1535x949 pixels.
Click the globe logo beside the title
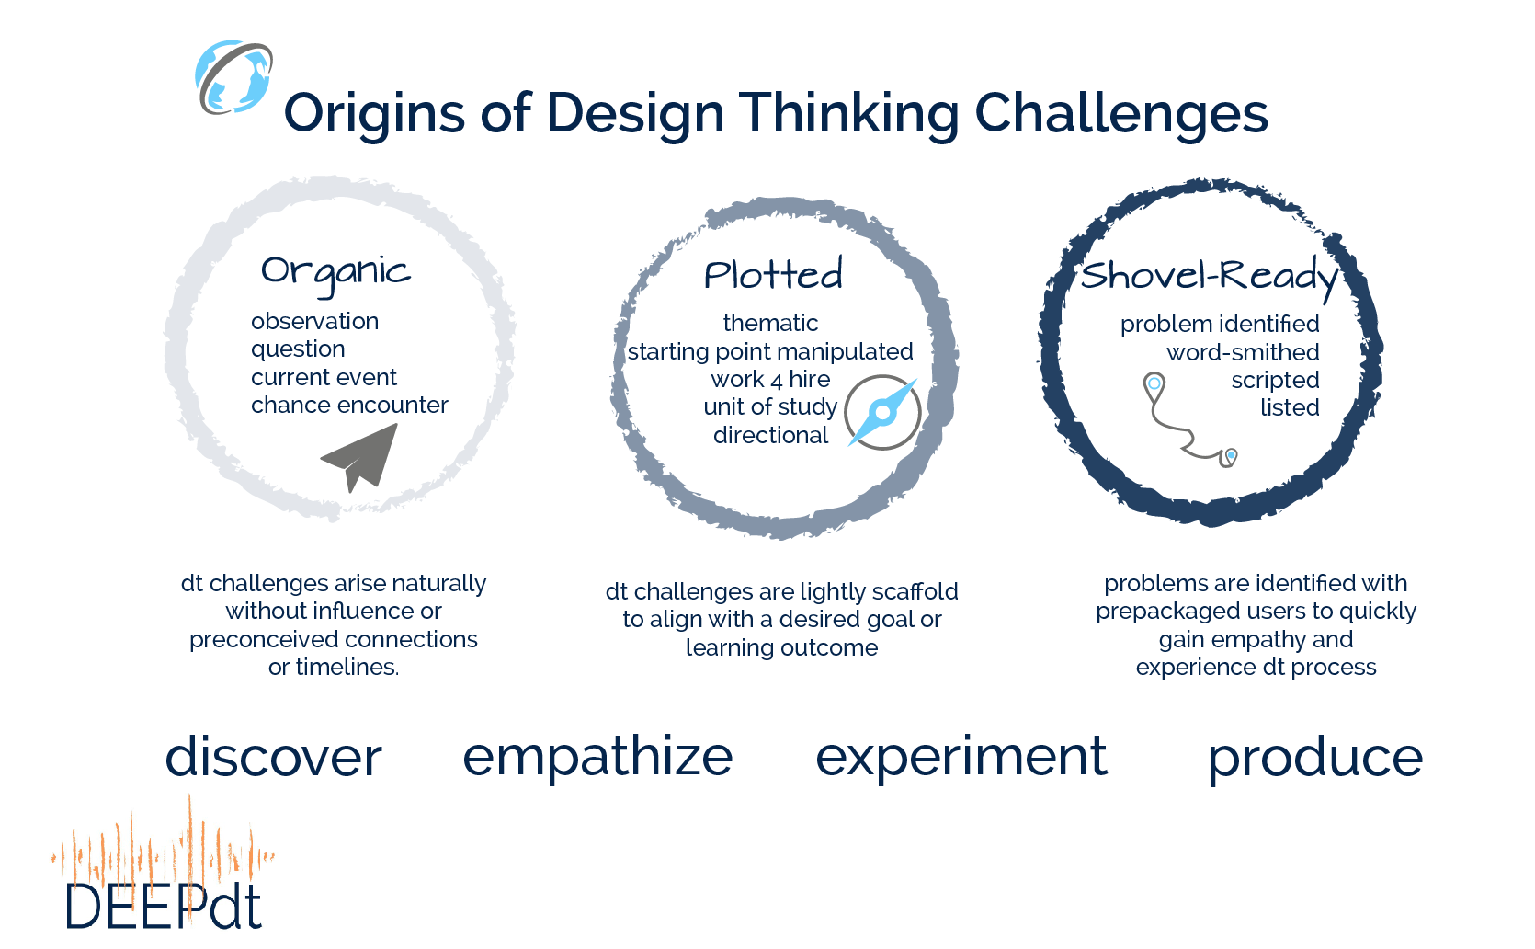(233, 77)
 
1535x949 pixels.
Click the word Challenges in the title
(1120, 114)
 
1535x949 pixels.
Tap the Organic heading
(335, 272)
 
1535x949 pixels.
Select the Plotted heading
(773, 275)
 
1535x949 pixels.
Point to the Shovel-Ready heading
(1209, 276)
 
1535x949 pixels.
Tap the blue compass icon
(882, 412)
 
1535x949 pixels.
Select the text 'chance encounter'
(349, 406)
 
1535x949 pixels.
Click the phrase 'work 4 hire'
(770, 380)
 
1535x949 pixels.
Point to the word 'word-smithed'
(1243, 352)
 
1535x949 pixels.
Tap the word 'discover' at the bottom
(273, 758)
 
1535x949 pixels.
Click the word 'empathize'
(597, 758)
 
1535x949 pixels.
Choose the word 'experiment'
(961, 758)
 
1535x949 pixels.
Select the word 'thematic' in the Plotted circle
(770, 324)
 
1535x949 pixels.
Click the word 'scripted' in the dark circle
(1275, 381)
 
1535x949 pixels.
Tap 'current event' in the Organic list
(324, 378)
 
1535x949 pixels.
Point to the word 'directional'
(770, 436)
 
